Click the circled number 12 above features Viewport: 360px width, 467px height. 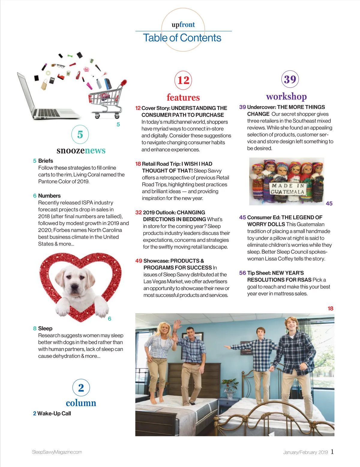183,80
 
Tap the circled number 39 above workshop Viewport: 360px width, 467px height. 290,79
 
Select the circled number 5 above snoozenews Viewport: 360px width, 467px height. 80,134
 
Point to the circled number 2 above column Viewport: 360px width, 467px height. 81,388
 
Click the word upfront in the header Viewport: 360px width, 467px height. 183,25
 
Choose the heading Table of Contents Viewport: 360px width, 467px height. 182,38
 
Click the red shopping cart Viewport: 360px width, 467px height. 106,97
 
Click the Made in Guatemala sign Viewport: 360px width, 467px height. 287,189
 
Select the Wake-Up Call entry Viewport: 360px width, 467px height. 54,413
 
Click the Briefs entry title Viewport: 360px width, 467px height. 46,161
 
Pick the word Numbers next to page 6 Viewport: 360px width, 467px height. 49,196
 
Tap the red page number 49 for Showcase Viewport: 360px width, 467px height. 139,261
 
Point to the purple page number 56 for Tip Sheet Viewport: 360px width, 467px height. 242,273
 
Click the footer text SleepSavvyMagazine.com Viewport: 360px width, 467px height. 57,452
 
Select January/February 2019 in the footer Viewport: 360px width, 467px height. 305,452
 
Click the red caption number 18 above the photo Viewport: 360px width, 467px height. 330,308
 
